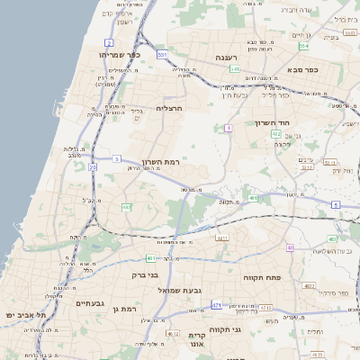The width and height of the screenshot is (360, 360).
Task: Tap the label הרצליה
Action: click(169, 108)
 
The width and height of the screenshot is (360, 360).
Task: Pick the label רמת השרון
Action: click(188, 161)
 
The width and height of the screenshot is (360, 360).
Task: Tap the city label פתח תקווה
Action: click(263, 278)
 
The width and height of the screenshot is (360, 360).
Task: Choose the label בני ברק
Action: click(145, 275)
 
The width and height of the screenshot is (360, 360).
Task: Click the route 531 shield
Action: click(162, 55)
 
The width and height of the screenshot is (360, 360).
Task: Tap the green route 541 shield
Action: click(235, 68)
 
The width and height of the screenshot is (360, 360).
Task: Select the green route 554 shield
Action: click(304, 45)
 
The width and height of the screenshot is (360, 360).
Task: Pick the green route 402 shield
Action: click(276, 133)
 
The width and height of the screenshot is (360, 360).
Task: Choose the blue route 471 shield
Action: click(216, 306)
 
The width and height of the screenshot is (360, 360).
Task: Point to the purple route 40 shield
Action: click(290, 247)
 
